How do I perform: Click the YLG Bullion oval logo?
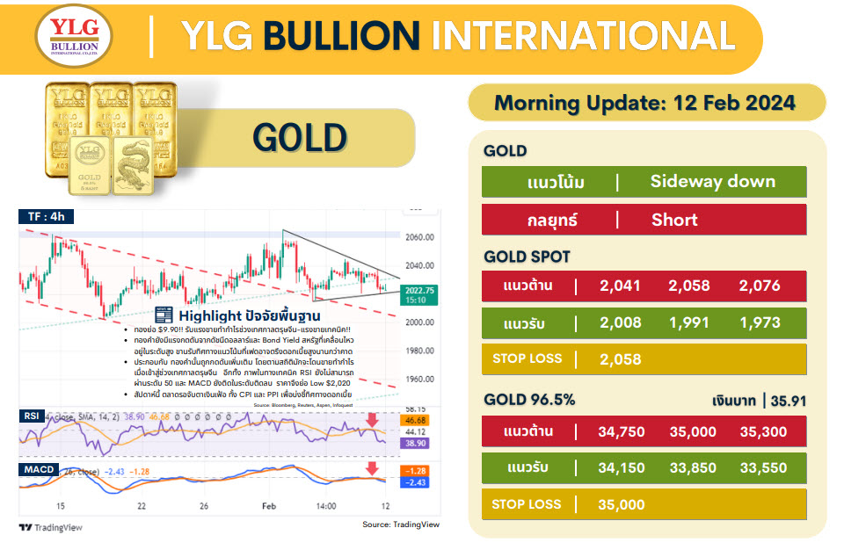[74, 38]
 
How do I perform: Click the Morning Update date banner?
[644, 103]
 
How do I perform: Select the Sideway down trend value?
[712, 182]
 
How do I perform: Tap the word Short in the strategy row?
[674, 220]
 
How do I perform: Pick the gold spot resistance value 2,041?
[620, 286]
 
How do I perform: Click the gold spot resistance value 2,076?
[763, 286]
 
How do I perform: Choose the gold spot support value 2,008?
[620, 322]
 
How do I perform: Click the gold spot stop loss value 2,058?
[620, 358]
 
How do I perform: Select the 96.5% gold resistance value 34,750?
[620, 431]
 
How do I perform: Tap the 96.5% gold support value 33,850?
[690, 467]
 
